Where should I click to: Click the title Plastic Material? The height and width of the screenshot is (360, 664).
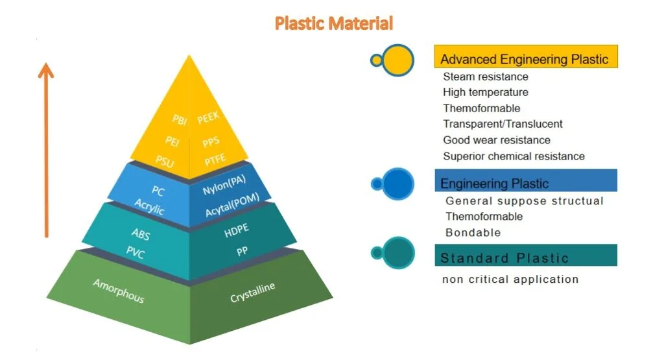pos(334,24)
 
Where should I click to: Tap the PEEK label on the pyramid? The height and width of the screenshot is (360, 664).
pos(209,117)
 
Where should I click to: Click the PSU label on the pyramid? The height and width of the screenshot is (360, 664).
pos(165,159)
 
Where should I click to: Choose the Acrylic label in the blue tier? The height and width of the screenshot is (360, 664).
pos(149,207)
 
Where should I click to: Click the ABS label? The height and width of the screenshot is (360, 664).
pos(141,234)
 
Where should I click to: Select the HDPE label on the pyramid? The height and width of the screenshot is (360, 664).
pos(237,230)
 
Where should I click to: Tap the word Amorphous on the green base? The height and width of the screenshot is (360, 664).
pos(118,291)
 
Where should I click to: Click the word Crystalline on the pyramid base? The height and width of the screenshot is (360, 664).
pos(252,293)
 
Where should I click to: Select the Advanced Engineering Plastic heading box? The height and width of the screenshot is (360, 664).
pos(525,59)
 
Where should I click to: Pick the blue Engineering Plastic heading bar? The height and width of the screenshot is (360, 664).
pos(525,182)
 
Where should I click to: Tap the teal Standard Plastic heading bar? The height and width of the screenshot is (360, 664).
pos(525,258)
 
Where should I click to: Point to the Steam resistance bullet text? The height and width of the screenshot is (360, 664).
pos(486,77)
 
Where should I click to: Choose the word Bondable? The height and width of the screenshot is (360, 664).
pos(473,232)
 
